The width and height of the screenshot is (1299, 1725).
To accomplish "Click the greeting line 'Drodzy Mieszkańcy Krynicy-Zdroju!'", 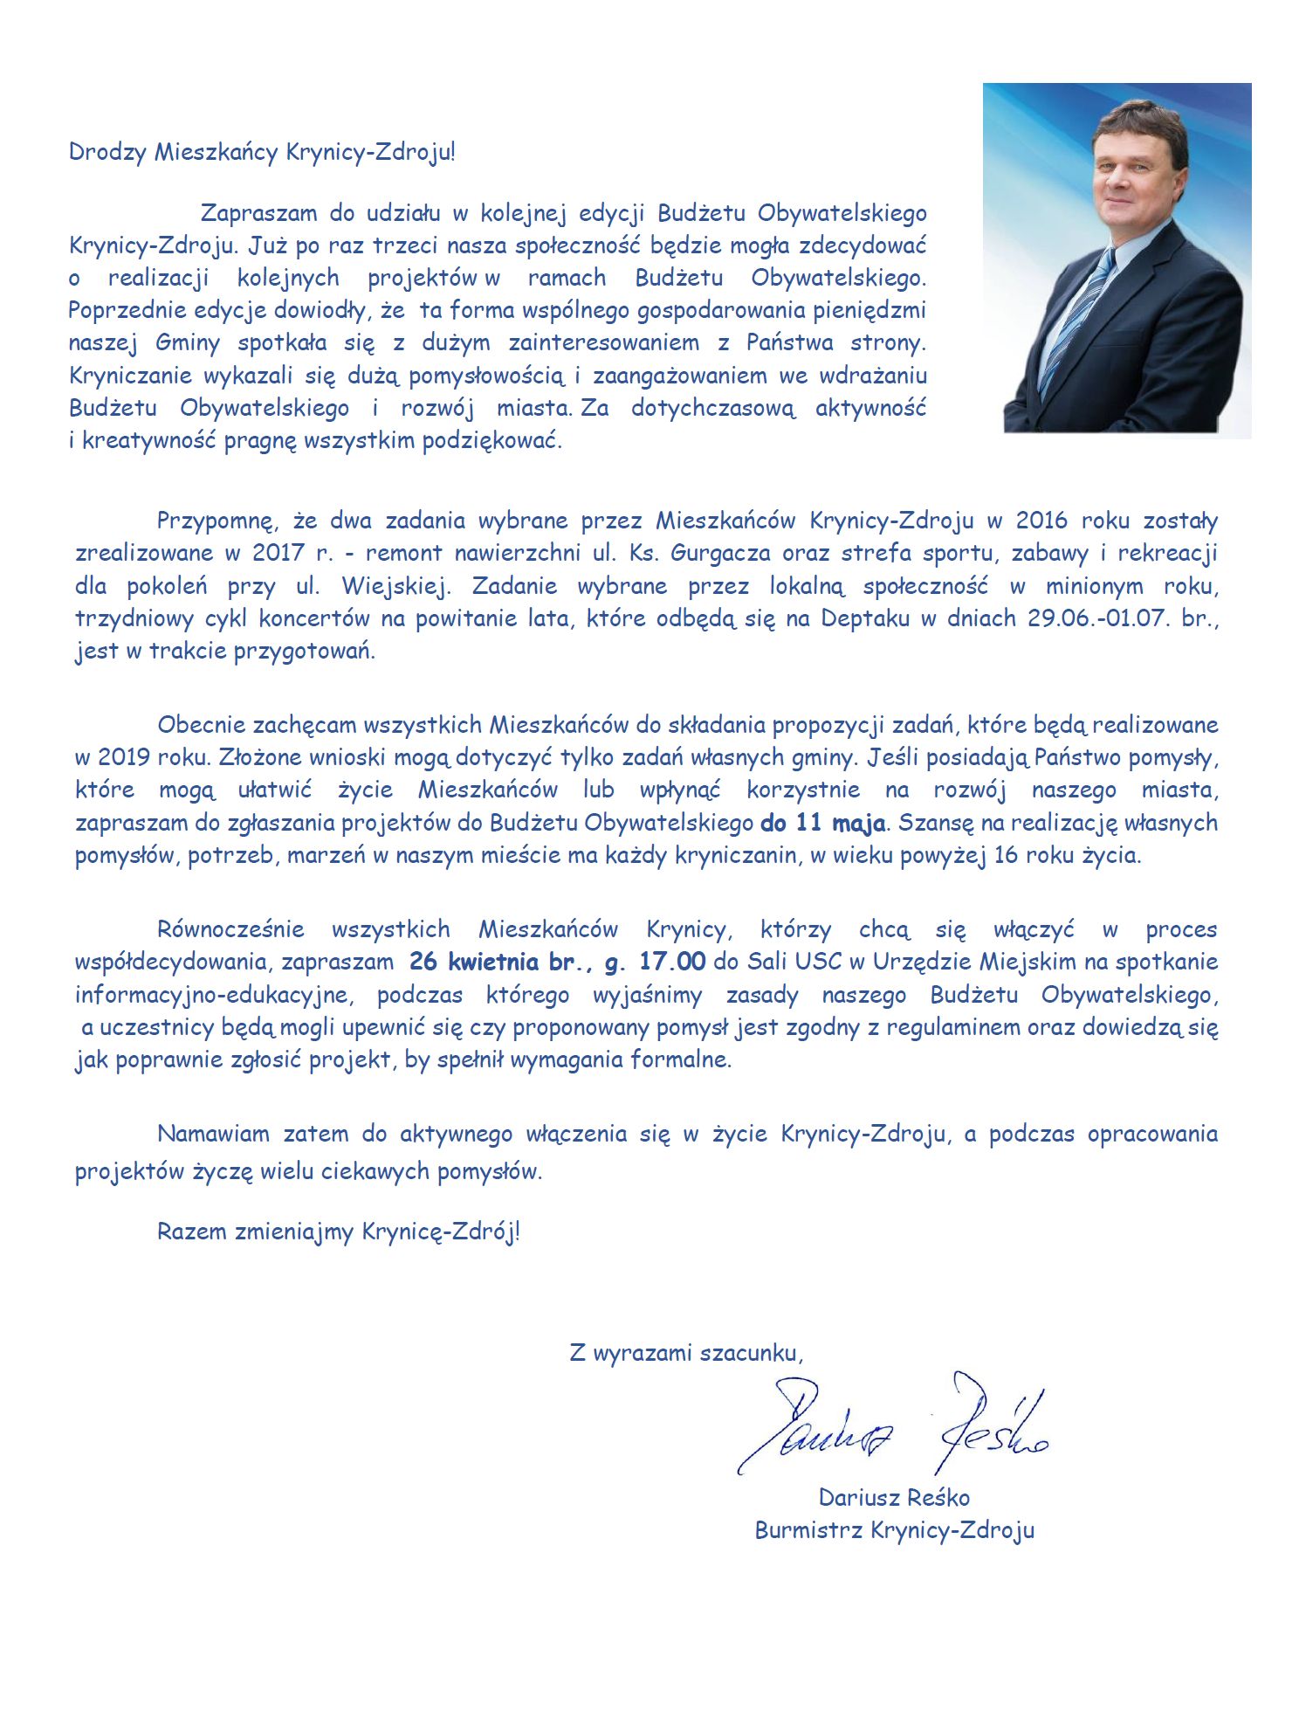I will pos(262,152).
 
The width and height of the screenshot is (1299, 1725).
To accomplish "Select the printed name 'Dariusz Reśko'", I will pos(894,1497).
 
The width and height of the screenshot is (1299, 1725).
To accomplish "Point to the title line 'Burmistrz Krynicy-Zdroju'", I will pos(894,1530).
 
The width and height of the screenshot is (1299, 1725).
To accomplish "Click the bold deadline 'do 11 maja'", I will pos(822,823).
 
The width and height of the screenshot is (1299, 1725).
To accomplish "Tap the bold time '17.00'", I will pos(671,962).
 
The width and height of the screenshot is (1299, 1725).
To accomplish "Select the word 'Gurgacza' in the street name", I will pos(720,553).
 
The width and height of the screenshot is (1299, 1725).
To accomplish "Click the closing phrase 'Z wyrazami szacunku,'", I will pos(685,1353).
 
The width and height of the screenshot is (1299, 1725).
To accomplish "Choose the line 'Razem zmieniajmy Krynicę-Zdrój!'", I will pos(338,1232).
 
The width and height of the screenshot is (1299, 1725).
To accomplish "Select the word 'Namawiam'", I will pos(213,1134).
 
